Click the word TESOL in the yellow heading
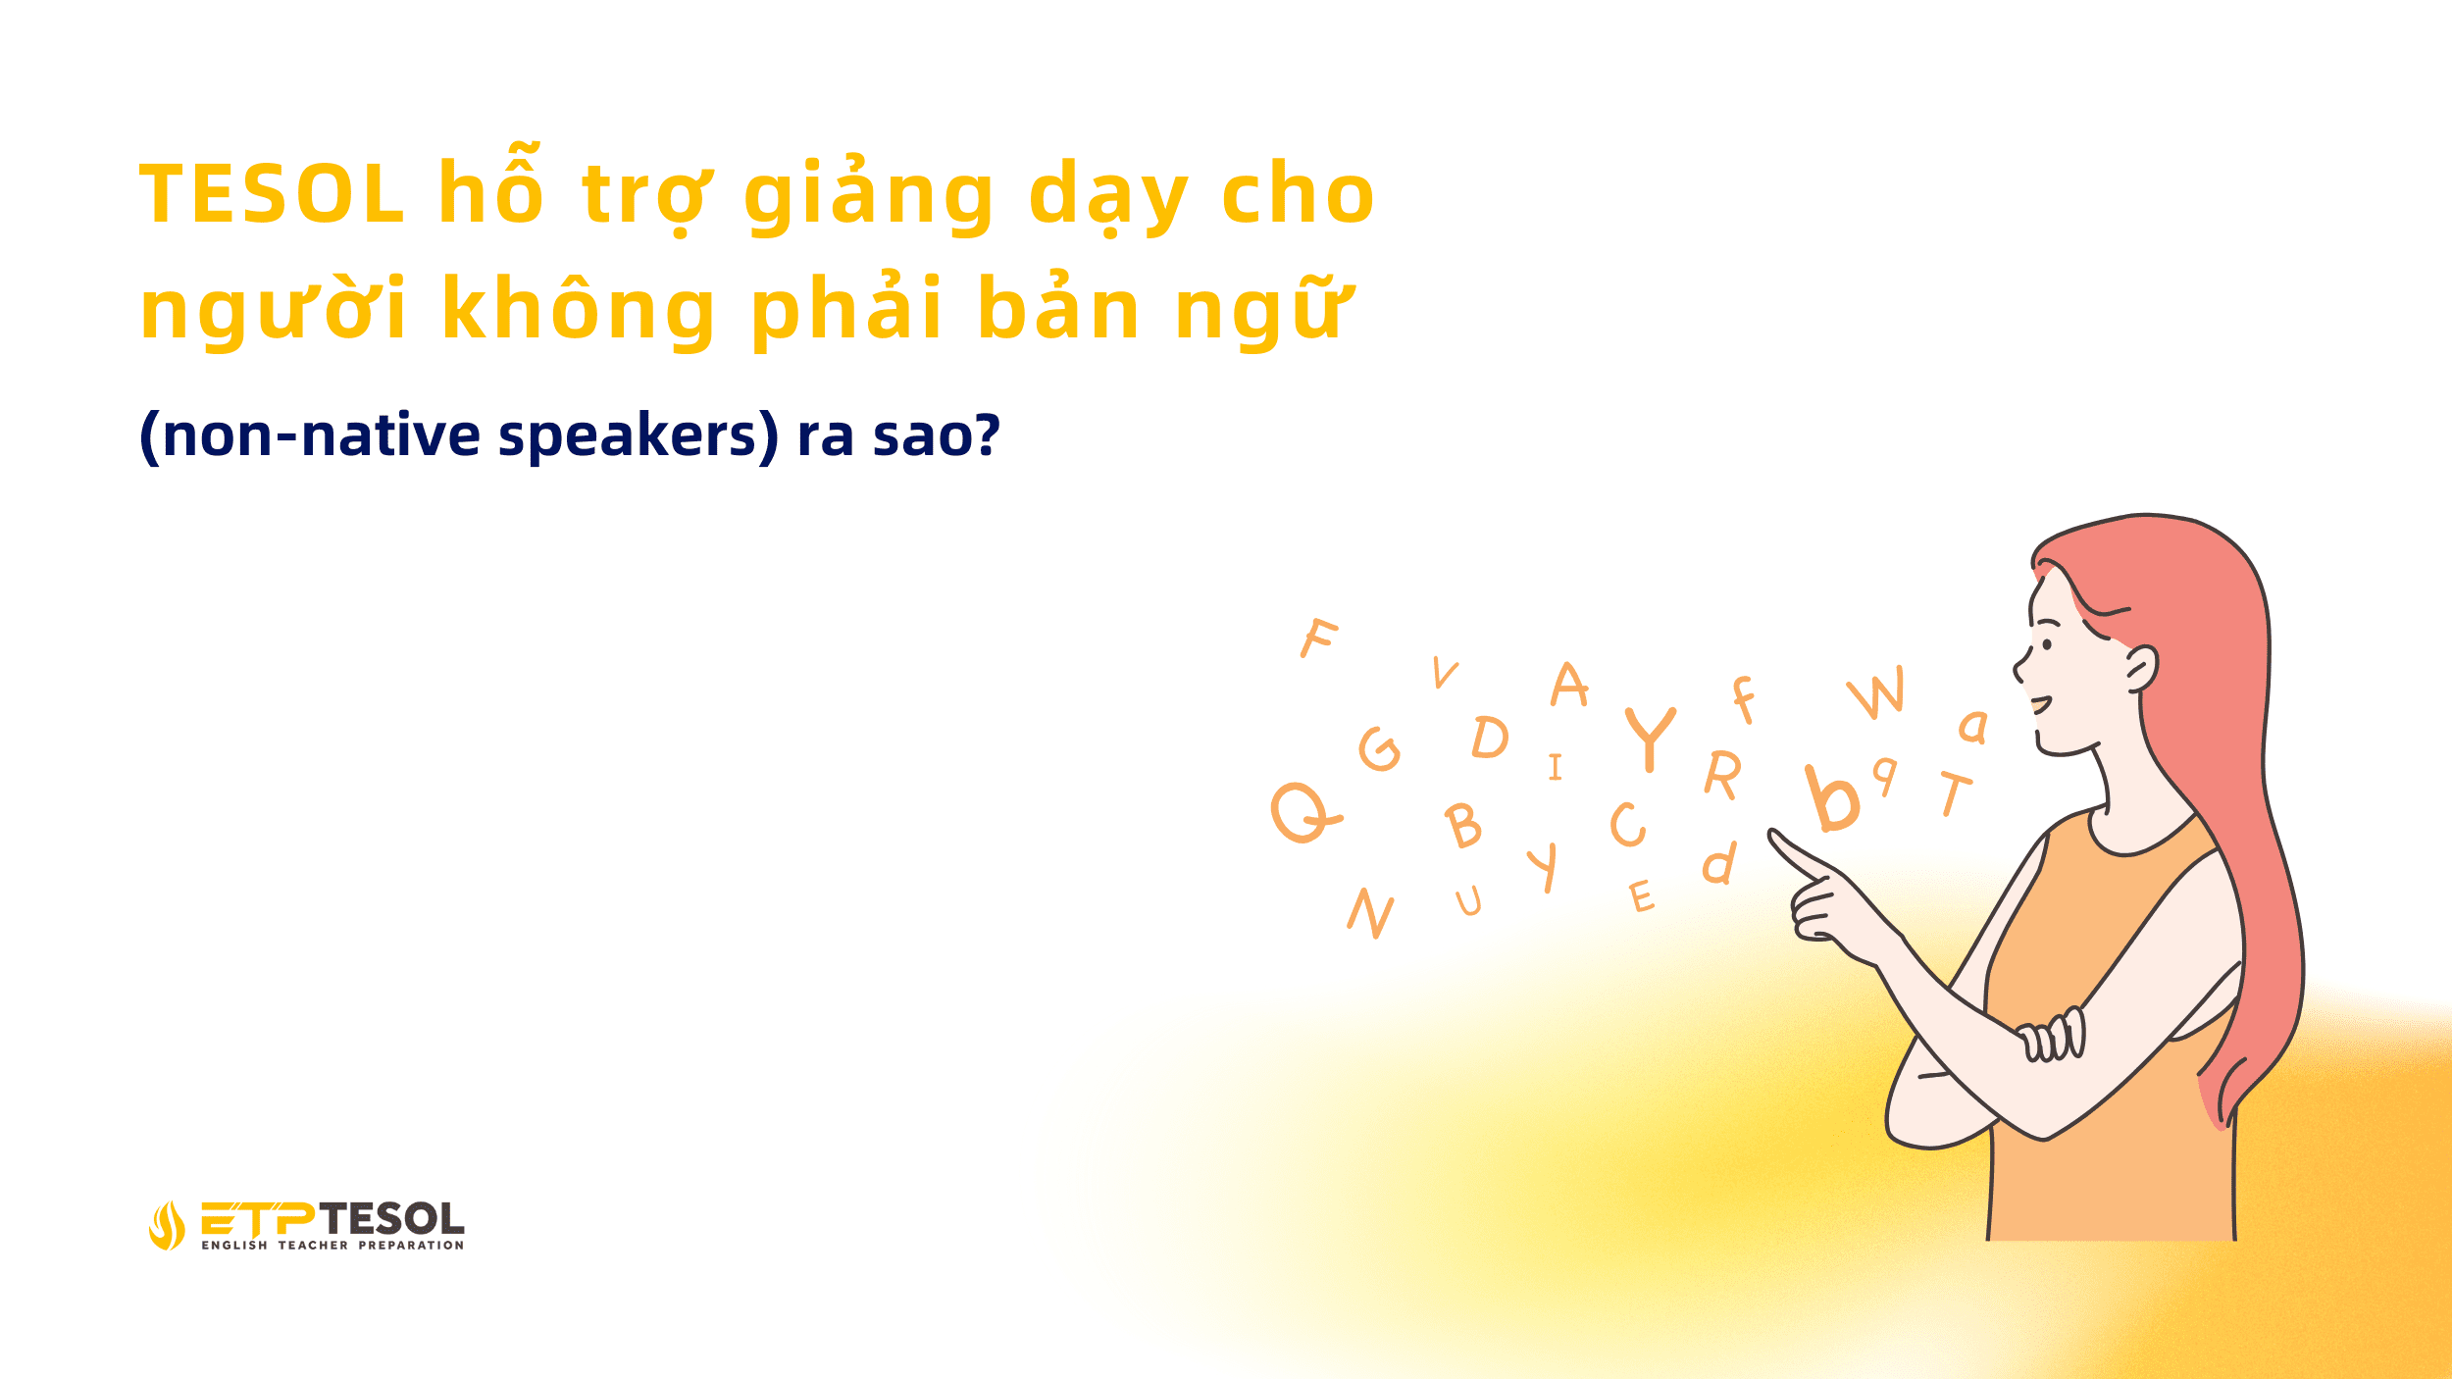coord(272,194)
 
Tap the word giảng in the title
coord(869,196)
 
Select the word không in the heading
coord(579,309)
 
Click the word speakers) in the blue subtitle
coord(639,435)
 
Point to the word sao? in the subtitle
coord(937,435)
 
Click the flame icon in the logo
coord(167,1226)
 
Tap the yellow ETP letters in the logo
coord(258,1218)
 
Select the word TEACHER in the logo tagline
coord(313,1246)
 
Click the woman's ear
coord(2141,668)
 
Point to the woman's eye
coord(2047,644)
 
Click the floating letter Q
coord(1303,812)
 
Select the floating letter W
coord(1877,691)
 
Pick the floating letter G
coord(1380,749)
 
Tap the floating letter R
coord(1723,775)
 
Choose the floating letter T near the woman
coord(1955,792)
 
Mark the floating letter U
coord(1468,900)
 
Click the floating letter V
coord(1445,672)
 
